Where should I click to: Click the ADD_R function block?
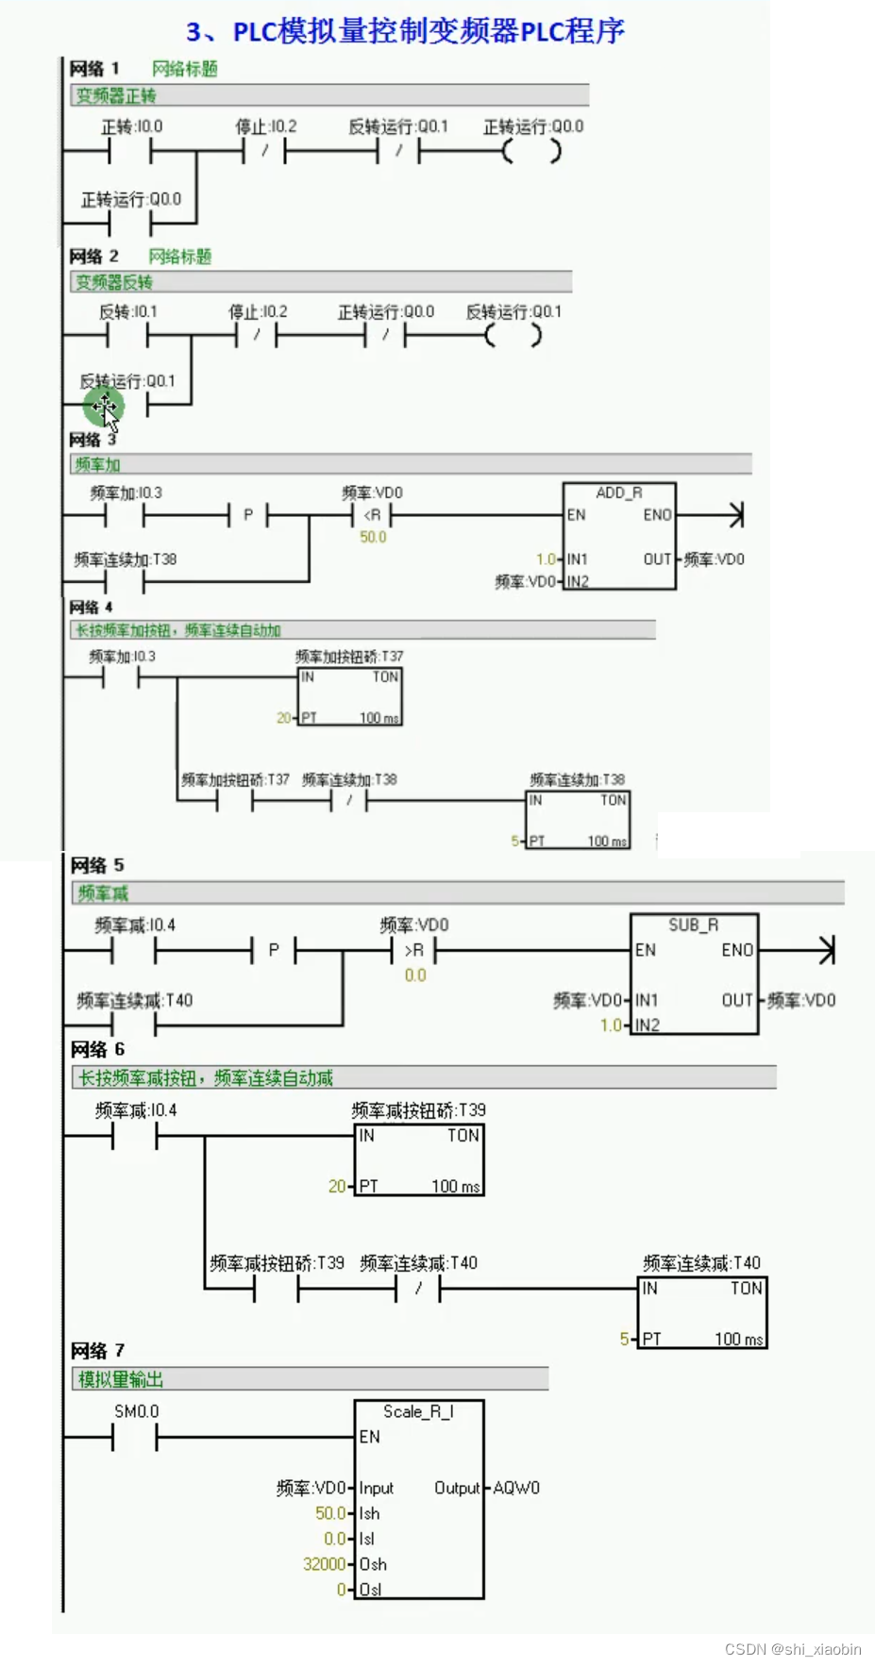[x=618, y=536]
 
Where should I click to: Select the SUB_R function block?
[x=694, y=974]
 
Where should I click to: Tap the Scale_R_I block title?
[x=418, y=1411]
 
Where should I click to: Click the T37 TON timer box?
[x=350, y=697]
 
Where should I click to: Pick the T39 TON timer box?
[x=419, y=1159]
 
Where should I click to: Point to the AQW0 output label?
[x=516, y=1488]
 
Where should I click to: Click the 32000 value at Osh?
[x=324, y=1564]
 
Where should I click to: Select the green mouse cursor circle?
[x=103, y=408]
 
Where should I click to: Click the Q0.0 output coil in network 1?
[x=531, y=151]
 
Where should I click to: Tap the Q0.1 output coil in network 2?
[x=513, y=336]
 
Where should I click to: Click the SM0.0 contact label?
[x=136, y=1411]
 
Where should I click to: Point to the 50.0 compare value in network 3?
[x=373, y=537]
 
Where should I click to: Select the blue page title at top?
[x=405, y=31]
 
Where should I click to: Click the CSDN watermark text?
[x=792, y=1649]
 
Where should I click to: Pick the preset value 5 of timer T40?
[x=624, y=1339]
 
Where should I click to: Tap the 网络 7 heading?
[x=97, y=1350]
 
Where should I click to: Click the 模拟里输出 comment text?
[x=121, y=1379]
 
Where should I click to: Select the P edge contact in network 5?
[x=274, y=950]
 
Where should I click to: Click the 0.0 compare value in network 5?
[x=415, y=975]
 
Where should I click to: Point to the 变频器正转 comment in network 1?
[x=116, y=95]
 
